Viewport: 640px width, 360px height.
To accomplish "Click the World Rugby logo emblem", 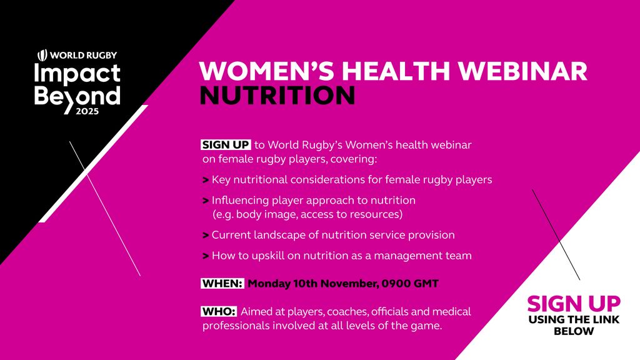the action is tap(42, 55).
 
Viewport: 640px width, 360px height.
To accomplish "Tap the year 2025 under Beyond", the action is tap(87, 111).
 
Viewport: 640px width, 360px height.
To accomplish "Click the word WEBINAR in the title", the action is tap(523, 71).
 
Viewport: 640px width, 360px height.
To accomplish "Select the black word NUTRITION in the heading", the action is tap(277, 96).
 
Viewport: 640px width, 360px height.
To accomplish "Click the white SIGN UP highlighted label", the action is tap(226, 145).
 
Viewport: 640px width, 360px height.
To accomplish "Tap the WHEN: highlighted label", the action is tap(222, 283).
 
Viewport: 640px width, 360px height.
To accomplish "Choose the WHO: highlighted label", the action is tap(219, 311).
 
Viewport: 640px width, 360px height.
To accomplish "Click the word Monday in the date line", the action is tap(269, 284).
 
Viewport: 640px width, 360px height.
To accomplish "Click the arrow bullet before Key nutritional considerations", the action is tap(206, 180).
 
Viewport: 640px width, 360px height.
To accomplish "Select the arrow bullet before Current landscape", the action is tap(206, 236).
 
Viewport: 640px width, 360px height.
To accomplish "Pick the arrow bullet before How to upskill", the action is tap(206, 256).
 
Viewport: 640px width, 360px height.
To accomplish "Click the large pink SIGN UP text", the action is tap(574, 304).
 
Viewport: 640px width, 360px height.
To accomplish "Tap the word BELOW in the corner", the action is tap(574, 331).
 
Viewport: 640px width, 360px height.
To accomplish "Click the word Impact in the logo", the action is tap(77, 74).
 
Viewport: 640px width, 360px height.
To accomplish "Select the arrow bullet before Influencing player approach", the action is tap(206, 201).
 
